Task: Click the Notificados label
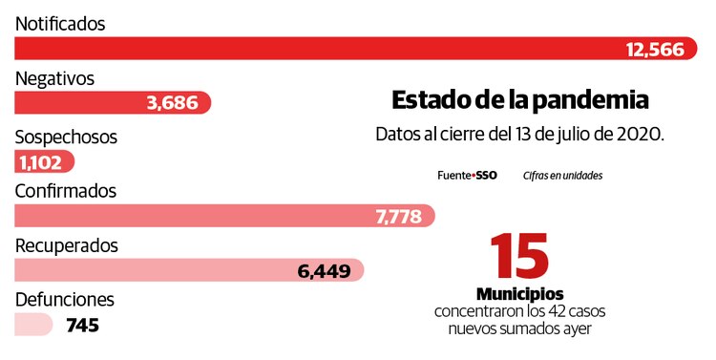(x=60, y=23)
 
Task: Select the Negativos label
(x=54, y=79)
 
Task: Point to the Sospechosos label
(x=66, y=137)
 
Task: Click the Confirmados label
(x=66, y=191)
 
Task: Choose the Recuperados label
(x=67, y=245)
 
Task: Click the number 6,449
(x=324, y=271)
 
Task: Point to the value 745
(x=83, y=326)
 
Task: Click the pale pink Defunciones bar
(x=33, y=326)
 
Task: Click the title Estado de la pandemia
(x=520, y=100)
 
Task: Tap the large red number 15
(x=519, y=257)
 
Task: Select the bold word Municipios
(x=519, y=293)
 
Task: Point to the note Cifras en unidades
(x=562, y=176)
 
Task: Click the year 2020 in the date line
(x=639, y=134)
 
